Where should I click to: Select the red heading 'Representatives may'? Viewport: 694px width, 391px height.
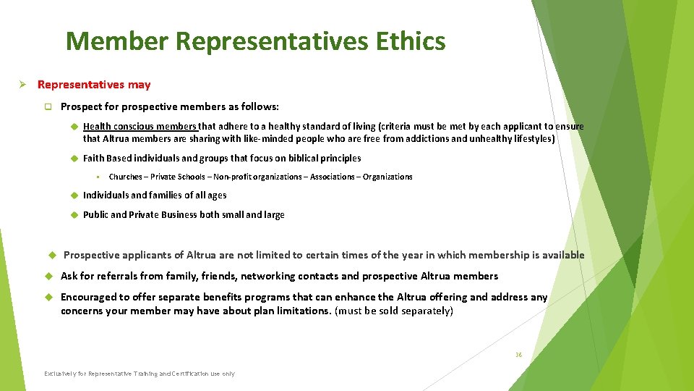[x=94, y=85]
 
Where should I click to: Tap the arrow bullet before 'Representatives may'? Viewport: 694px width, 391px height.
[x=22, y=85]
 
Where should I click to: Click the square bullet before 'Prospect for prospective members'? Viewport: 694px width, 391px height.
[x=48, y=106]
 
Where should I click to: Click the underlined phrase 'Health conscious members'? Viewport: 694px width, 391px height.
[x=140, y=126]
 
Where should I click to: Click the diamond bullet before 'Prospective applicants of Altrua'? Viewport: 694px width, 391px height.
[x=51, y=255]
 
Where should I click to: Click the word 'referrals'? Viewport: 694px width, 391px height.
[x=108, y=276]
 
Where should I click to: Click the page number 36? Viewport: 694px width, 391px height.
[x=518, y=356]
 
